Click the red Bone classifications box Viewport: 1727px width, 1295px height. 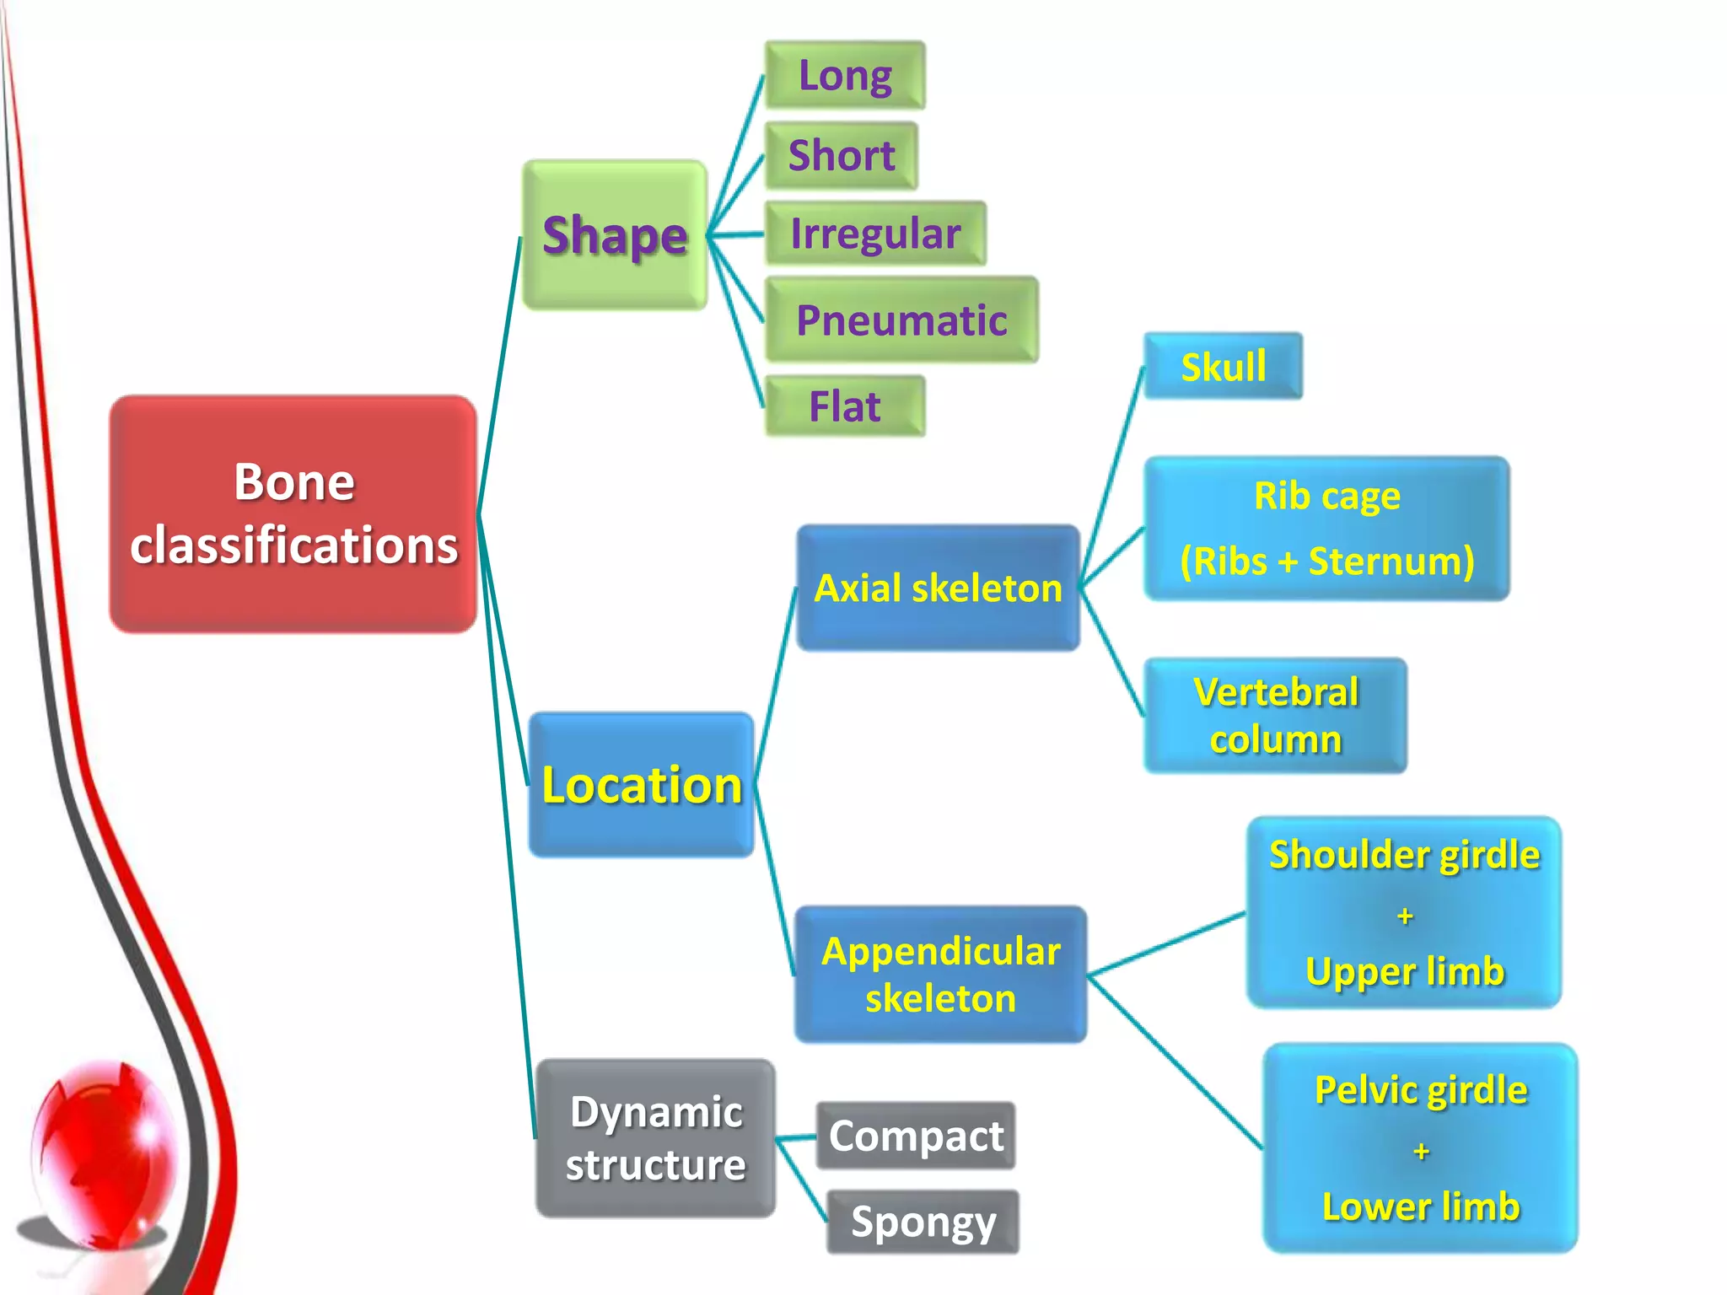coord(293,513)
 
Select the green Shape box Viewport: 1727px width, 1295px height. coord(615,234)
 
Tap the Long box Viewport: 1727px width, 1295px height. coord(845,75)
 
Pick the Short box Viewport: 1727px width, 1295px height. coord(841,156)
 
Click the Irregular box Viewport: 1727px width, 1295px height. coord(874,234)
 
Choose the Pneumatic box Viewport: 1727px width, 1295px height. coord(901,320)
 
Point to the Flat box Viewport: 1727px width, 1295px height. coord(844,406)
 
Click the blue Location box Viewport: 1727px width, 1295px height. coord(641,785)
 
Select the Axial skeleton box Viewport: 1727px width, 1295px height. coord(938,588)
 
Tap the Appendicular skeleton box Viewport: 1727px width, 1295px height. coord(940,974)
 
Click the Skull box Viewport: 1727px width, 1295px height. coord(1223,366)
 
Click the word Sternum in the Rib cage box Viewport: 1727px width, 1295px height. coord(1391,562)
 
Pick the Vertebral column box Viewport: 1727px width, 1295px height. coord(1275,715)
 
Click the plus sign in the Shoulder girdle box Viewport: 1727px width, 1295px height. coord(1405,916)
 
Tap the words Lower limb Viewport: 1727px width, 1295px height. coord(1421,1206)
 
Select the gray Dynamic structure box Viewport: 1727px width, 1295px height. coord(655,1138)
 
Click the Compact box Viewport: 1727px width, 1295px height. coord(916,1136)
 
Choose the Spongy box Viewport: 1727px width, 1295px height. coord(923,1222)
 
